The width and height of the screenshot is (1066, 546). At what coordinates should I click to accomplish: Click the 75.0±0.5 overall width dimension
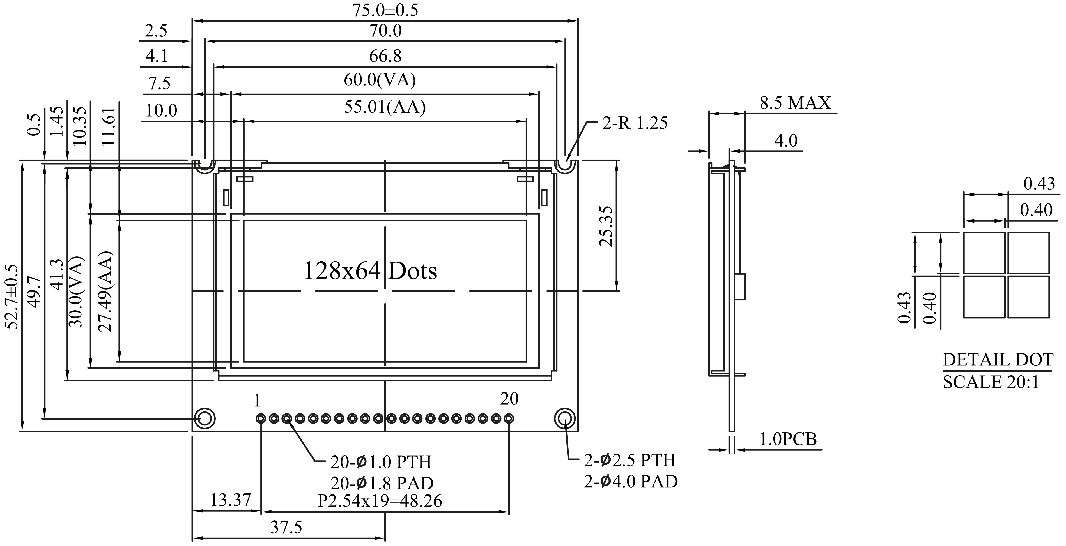pos(385,10)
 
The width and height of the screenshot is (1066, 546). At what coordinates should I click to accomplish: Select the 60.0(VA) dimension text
pos(380,80)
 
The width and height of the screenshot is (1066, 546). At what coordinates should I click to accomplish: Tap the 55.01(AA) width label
pos(385,107)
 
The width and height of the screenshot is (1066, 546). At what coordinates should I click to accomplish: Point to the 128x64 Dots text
pos(370,271)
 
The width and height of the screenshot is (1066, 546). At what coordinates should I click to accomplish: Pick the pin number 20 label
pos(509,399)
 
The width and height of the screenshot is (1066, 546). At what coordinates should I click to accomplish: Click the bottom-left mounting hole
pos(205,419)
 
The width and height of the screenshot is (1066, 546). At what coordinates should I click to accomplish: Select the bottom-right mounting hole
pos(565,419)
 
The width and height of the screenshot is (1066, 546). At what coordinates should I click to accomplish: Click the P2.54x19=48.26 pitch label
pos(380,501)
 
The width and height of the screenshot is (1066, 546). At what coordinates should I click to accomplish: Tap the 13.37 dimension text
pos(231,500)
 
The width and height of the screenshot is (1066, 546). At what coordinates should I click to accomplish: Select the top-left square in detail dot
pos(984,253)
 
